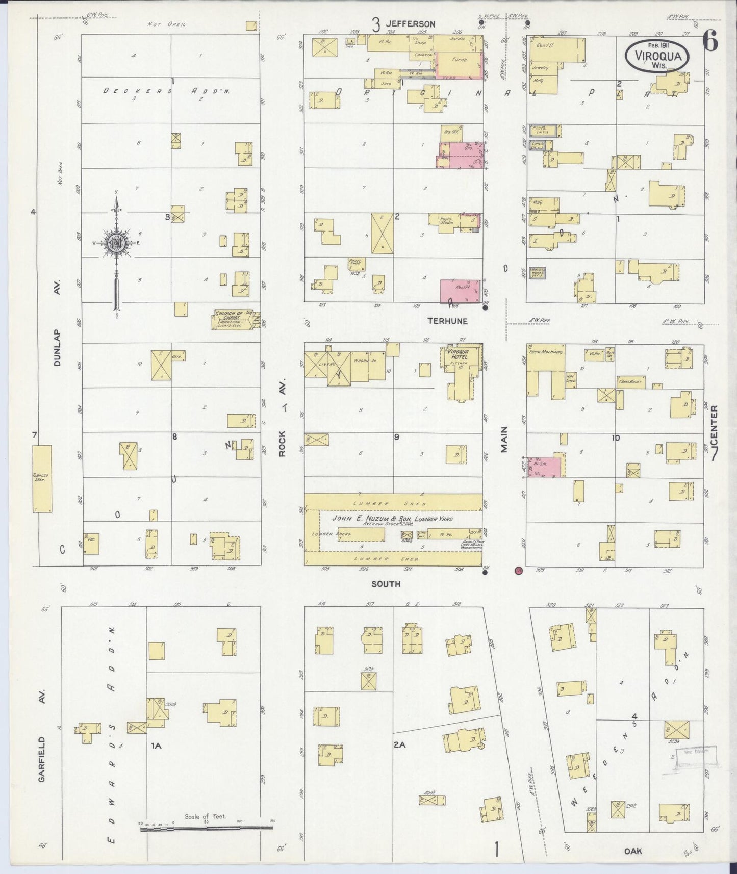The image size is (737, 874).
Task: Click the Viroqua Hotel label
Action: pos(458,354)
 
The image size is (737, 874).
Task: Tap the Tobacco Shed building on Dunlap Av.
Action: pos(42,478)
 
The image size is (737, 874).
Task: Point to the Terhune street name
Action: pos(447,321)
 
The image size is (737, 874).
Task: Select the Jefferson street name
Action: pos(410,24)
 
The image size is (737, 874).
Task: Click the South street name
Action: pos(386,584)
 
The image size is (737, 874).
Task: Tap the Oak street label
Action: pos(632,851)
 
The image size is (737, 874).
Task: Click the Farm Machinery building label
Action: pos(545,352)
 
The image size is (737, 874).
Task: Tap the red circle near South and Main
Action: pos(519,570)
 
